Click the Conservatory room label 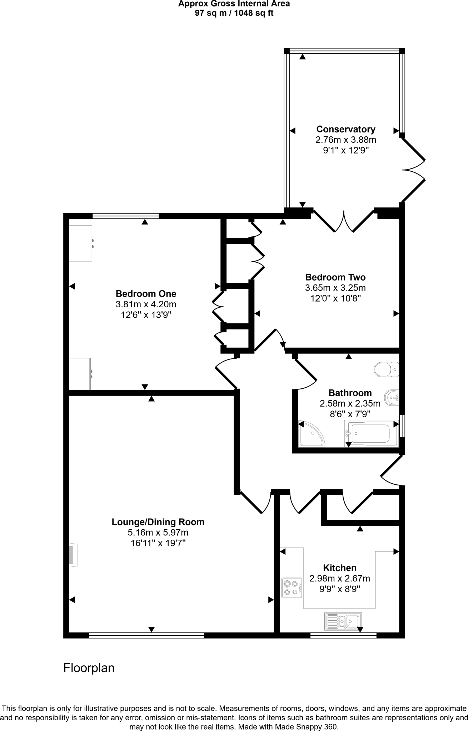click(345, 129)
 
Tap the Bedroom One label click(146, 294)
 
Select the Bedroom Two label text click(335, 277)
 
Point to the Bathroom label click(350, 393)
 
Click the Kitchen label click(339, 568)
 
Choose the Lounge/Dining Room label click(158, 522)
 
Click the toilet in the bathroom click(386, 369)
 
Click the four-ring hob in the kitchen click(291, 588)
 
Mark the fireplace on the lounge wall click(73, 555)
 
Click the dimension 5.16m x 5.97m click(158, 533)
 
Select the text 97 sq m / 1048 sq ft click(234, 13)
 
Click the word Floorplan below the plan click(89, 668)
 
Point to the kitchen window click(343, 635)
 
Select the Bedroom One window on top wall click(125, 216)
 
